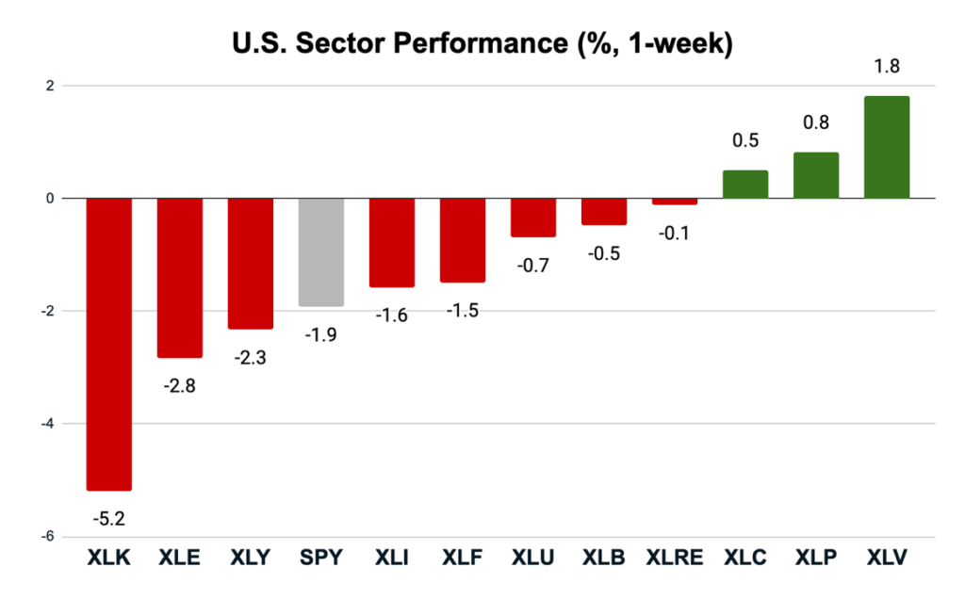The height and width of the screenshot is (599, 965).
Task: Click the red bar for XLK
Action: (x=108, y=344)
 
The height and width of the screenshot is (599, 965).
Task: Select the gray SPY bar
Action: (x=320, y=251)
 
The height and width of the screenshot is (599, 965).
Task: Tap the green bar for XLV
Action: (x=886, y=147)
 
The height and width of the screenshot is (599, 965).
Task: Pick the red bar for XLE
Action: (x=179, y=278)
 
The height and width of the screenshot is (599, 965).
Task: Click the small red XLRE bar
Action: (x=674, y=202)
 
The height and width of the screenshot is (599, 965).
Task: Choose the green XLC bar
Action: (x=744, y=185)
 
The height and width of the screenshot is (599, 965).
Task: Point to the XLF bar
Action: (x=462, y=240)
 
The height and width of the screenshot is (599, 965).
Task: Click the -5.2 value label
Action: (x=108, y=517)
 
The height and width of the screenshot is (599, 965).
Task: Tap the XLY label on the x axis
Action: (x=250, y=559)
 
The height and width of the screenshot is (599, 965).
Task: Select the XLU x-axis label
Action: (x=532, y=559)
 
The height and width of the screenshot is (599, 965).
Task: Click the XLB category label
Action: (x=603, y=559)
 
